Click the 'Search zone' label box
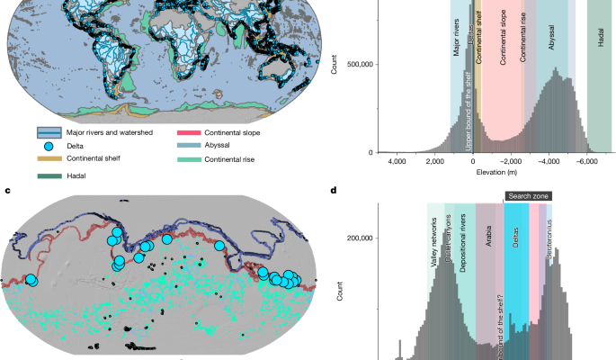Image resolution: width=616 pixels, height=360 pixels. coord(527,195)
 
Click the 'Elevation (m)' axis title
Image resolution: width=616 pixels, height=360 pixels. coord(490,171)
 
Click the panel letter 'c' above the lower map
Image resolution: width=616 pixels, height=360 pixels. coord(7,190)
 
